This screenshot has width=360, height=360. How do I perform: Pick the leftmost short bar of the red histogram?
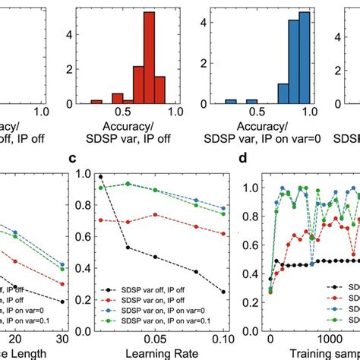pyautogui.click(x=96, y=101)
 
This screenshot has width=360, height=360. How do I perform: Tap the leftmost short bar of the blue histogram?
pyautogui.click(x=229, y=101)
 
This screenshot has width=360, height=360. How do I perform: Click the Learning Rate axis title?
pyautogui.click(x=155, y=352)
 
